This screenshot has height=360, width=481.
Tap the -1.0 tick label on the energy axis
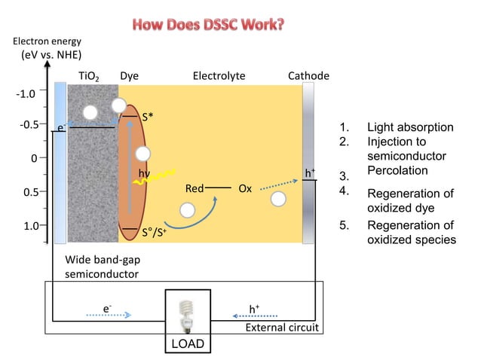point(26,94)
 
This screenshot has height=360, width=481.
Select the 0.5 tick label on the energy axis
point(29,191)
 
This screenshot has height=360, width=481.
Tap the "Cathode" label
point(308,76)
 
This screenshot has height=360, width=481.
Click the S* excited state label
point(151,117)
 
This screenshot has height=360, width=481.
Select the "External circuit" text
point(283,328)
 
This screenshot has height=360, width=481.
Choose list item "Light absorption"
point(409,127)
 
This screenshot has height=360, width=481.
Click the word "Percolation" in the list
point(397,171)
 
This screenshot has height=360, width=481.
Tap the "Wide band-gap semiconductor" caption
point(102,267)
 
